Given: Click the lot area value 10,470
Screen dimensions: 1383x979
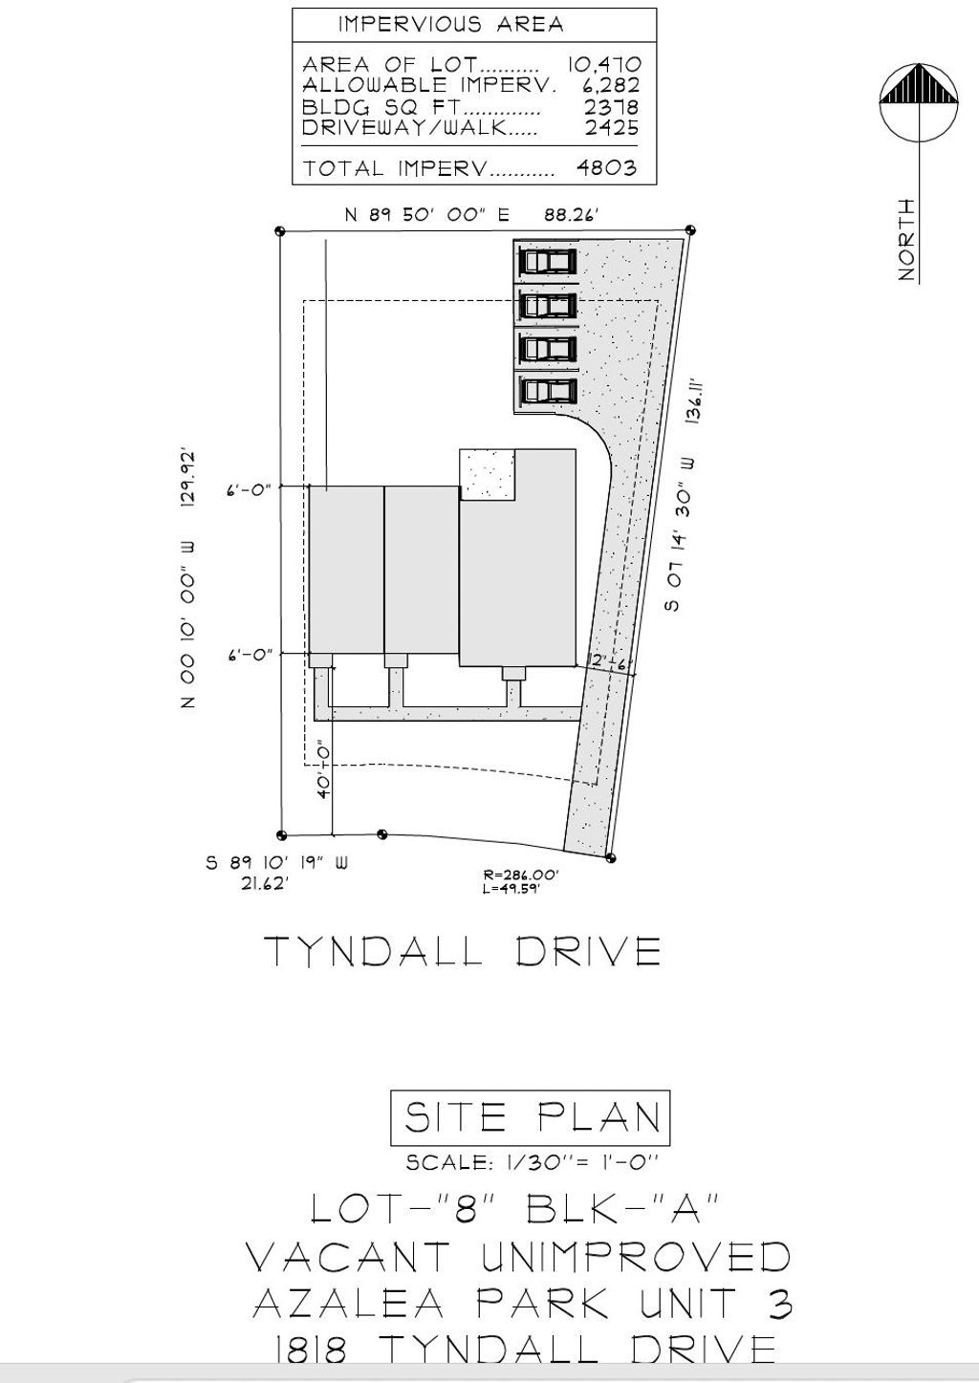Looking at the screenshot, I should click(x=603, y=65).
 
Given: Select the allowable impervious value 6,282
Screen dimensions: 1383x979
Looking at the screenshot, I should click(x=610, y=86).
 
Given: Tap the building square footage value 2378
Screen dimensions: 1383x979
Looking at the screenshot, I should click(x=611, y=107).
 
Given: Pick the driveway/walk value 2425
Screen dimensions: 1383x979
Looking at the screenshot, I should click(x=611, y=127).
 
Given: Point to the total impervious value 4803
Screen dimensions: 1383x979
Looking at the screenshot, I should click(x=606, y=168).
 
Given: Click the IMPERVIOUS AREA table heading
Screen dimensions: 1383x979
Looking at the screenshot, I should click(x=450, y=25).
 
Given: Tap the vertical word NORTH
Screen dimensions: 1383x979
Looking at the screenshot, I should click(x=906, y=240).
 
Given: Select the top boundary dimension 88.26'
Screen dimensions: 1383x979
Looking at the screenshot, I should click(x=571, y=215).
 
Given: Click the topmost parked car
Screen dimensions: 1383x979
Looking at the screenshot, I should click(x=548, y=261).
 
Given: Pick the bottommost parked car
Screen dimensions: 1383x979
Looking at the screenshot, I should click(x=548, y=391).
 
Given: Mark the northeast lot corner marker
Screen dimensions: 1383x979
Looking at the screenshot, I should click(x=690, y=230).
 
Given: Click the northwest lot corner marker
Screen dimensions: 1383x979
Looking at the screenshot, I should click(x=280, y=231).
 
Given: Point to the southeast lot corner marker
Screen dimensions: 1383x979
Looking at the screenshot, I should click(x=611, y=858).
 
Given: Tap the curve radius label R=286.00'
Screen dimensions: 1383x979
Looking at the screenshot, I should click(x=521, y=875).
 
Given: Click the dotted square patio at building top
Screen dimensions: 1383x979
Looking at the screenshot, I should click(x=489, y=474).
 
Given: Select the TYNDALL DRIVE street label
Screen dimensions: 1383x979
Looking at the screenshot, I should click(x=462, y=951).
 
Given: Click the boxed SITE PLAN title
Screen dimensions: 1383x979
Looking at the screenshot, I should click(x=531, y=1117).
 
